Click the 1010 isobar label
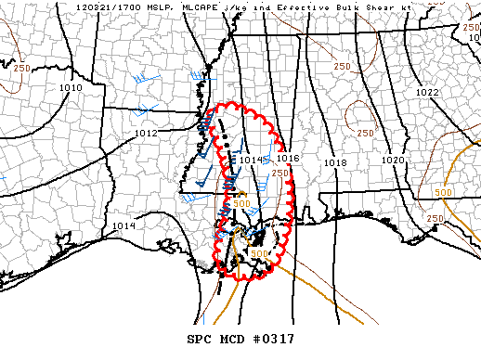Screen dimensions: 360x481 (x=71, y=88)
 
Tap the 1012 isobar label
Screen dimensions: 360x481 (x=146, y=134)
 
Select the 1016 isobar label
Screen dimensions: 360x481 (x=288, y=160)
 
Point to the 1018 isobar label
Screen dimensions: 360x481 (x=335, y=163)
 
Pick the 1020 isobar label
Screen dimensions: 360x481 (x=394, y=161)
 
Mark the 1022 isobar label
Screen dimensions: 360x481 (x=427, y=93)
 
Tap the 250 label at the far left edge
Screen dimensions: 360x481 (x=21, y=70)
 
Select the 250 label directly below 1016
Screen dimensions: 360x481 (x=280, y=174)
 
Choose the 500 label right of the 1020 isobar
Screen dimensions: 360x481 (x=442, y=192)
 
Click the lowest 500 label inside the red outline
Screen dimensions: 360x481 (x=259, y=253)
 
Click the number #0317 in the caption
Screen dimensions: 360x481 (x=272, y=337)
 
